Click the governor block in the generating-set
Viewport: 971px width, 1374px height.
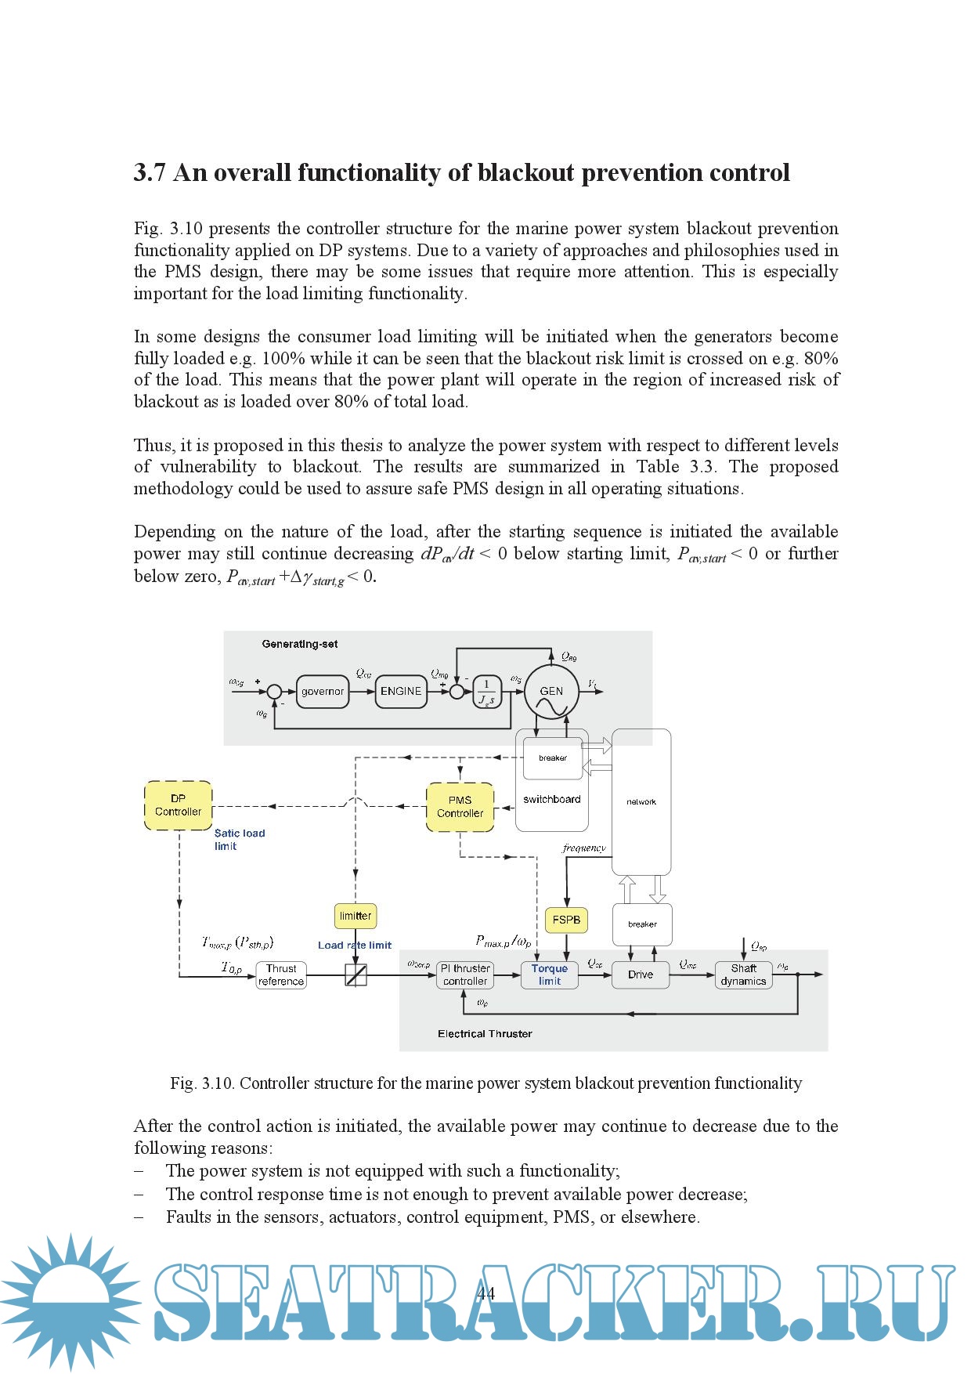[323, 692]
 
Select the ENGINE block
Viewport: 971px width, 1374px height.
[401, 692]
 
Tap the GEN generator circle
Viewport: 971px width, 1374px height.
[552, 692]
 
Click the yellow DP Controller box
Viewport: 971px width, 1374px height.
[179, 805]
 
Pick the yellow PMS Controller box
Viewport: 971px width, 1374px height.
[460, 807]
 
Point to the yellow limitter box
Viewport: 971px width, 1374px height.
[356, 916]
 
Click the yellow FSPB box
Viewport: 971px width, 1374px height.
[566, 920]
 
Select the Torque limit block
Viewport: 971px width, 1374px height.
[550, 974]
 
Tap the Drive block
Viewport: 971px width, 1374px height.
[641, 974]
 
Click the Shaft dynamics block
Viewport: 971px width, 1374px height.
[743, 974]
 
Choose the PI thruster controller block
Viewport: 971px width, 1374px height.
[465, 974]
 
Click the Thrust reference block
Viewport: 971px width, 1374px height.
[281, 975]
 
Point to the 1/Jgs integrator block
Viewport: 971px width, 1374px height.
[486, 692]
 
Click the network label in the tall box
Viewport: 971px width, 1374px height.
[641, 802]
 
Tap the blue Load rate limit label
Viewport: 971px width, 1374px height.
[355, 946]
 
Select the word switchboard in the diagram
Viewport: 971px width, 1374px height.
[552, 800]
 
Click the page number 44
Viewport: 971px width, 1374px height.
[485, 1293]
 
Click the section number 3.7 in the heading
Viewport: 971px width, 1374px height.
[149, 173]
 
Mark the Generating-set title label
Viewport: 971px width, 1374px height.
[300, 645]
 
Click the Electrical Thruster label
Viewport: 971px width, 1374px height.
[485, 1034]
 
